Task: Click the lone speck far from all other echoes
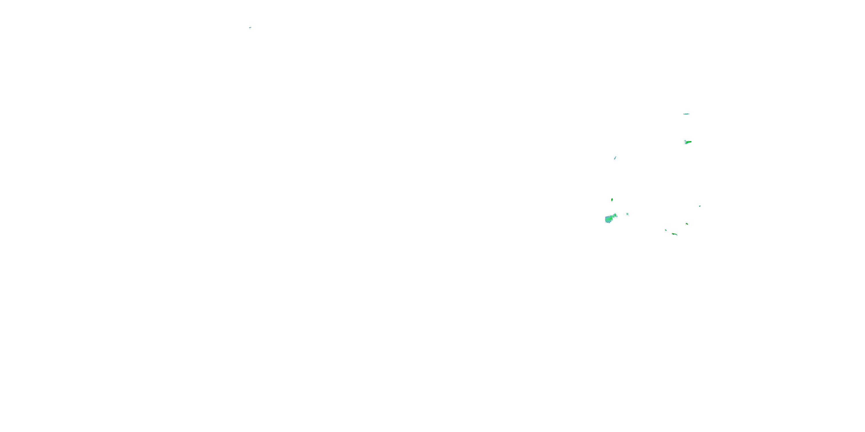click(250, 27)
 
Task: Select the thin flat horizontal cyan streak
click(686, 114)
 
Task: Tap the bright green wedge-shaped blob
click(688, 142)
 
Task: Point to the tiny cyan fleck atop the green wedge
click(685, 141)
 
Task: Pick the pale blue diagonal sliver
click(615, 158)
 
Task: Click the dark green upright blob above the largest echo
click(612, 200)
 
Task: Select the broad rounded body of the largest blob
click(608, 219)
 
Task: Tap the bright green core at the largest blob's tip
click(615, 215)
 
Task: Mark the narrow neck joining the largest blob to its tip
click(613, 217)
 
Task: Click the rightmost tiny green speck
click(700, 206)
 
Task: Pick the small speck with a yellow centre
click(687, 224)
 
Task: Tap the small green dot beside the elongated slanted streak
click(665, 230)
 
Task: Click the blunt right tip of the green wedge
click(691, 141)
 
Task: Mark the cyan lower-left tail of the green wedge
click(685, 143)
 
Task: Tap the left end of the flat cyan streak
click(684, 114)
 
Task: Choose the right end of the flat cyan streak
click(689, 114)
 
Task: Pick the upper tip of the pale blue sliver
click(616, 156)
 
